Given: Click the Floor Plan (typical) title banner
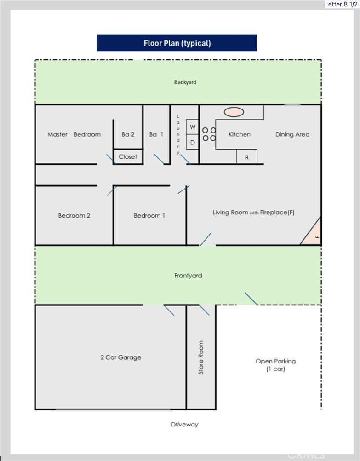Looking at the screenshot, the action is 177,43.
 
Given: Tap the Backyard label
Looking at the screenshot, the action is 185,82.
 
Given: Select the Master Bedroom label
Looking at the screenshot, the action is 74,134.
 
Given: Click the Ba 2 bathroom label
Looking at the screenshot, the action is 128,134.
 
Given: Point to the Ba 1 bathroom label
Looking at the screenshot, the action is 156,134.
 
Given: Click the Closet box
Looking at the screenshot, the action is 128,156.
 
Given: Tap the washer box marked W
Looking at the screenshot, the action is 193,127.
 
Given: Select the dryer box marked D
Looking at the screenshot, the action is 193,142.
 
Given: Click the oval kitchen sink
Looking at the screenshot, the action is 234,112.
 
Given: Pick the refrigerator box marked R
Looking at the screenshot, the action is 246,157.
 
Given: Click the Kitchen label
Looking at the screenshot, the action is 240,134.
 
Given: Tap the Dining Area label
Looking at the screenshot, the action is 292,134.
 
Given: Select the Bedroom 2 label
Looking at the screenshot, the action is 74,215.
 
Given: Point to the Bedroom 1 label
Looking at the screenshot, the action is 149,215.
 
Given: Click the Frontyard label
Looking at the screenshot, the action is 188,276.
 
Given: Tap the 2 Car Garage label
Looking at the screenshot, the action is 121,357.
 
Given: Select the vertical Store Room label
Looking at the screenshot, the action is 201,357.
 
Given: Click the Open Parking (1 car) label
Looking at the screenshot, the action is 276,365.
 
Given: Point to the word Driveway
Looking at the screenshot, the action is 184,424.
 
